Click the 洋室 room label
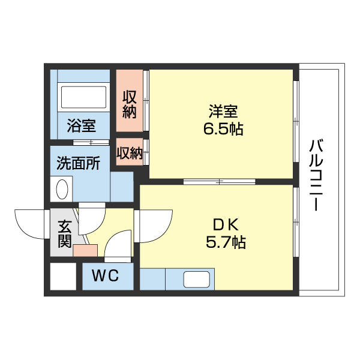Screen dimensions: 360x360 [x=224, y=112]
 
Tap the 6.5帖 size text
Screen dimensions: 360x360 [x=223, y=129]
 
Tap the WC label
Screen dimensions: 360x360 [x=105, y=277]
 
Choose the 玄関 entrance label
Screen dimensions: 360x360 [x=65, y=234]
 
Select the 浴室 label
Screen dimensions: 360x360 [x=81, y=126]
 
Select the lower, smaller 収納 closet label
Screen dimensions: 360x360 [x=130, y=154]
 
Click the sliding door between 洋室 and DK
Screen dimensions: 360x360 [x=220, y=181]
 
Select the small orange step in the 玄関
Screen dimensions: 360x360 [x=85, y=251]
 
